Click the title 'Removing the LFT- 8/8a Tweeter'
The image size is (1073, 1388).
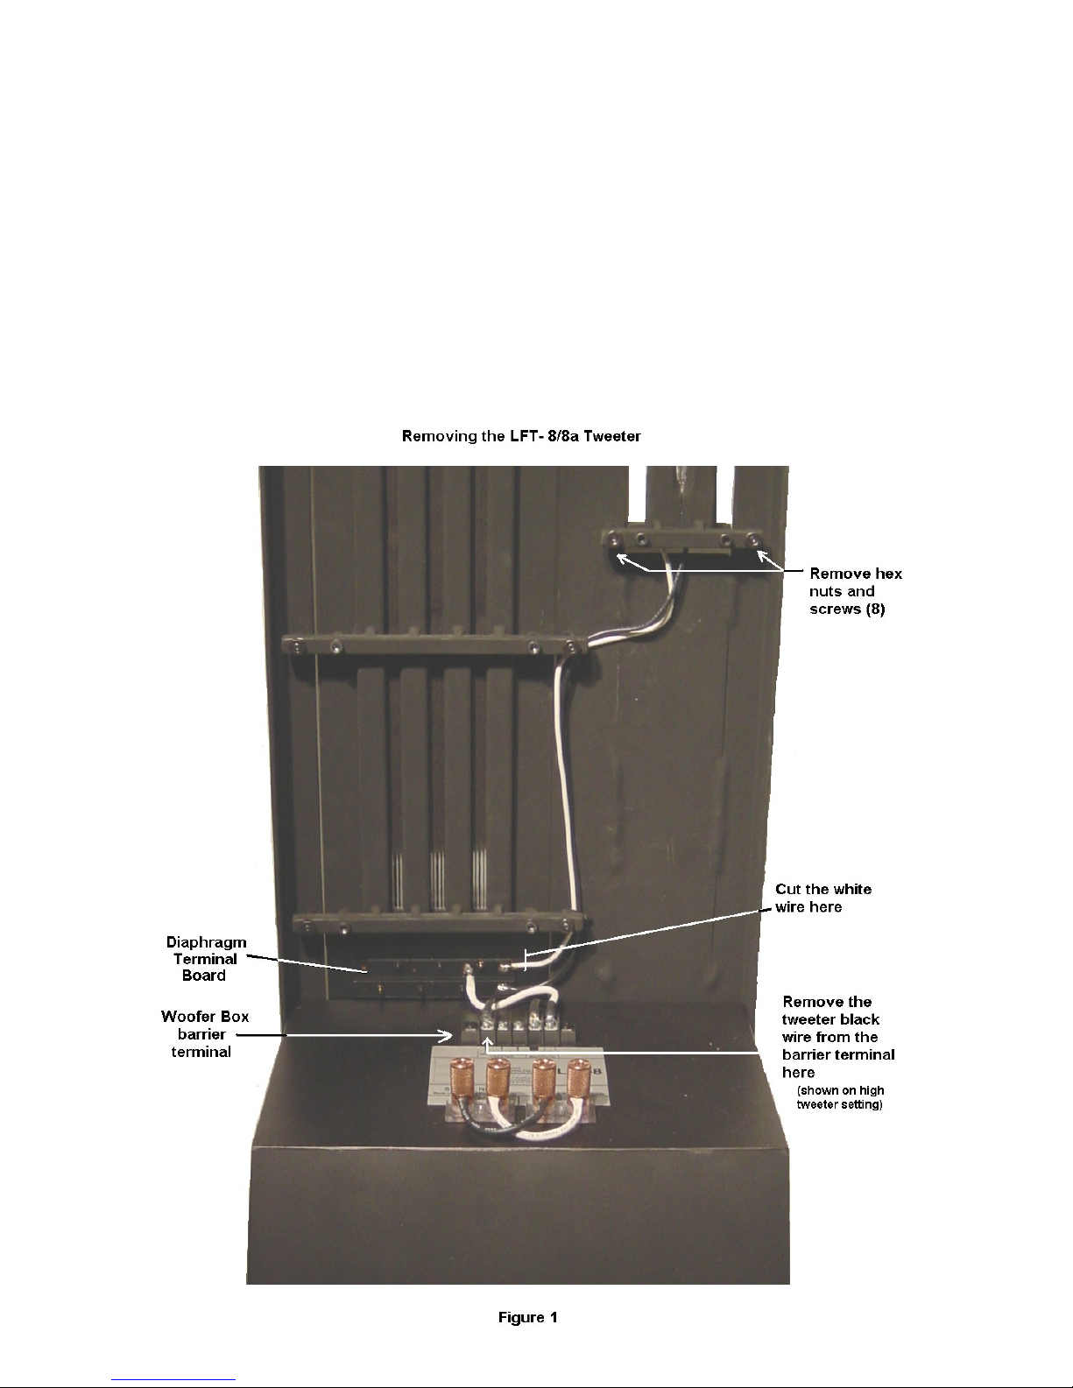pos(521,436)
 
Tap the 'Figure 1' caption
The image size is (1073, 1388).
pos(527,1317)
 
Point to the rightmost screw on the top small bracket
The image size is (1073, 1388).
pos(754,541)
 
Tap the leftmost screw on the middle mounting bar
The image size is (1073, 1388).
pos(298,648)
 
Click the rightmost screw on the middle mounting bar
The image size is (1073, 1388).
pos(573,648)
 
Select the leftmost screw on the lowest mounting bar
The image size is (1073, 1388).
pos(307,926)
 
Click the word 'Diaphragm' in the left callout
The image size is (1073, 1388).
pos(207,943)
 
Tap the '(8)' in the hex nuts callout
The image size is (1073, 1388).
pos(875,609)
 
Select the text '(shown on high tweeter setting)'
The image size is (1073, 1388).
pos(840,1097)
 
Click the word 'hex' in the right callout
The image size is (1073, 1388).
pos(888,574)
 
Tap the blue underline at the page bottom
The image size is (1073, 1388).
pos(173,1380)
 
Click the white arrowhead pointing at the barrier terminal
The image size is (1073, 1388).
pos(444,1035)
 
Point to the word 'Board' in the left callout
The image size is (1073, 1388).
pos(204,976)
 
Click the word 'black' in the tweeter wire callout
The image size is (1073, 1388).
pos(858,1019)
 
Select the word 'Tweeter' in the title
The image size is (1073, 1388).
pos(612,436)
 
